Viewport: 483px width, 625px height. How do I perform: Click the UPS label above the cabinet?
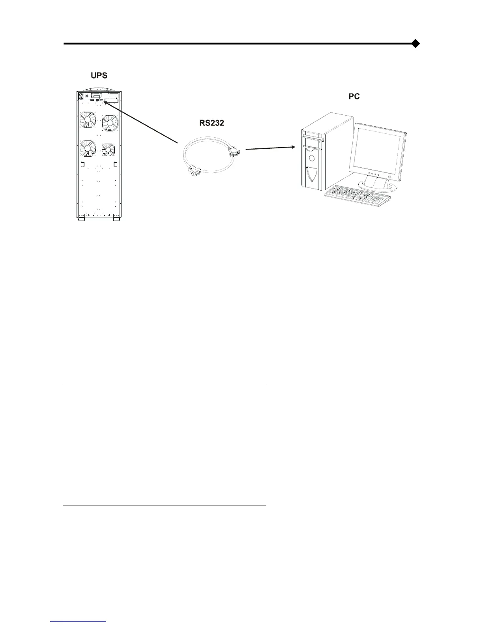(99, 75)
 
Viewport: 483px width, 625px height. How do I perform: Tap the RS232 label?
(212, 123)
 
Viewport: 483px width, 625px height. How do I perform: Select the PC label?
(354, 96)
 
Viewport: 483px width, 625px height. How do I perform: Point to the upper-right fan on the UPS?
(109, 122)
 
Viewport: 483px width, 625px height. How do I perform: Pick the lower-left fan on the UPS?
(88, 149)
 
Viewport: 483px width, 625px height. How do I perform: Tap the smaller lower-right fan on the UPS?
(108, 150)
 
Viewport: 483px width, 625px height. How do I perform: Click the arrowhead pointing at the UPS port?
(104, 101)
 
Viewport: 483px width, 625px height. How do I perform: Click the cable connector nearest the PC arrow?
(234, 152)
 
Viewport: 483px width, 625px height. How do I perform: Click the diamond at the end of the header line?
(415, 43)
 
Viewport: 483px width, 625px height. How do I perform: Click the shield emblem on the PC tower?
(312, 175)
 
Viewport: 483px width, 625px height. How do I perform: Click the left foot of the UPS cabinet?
(81, 219)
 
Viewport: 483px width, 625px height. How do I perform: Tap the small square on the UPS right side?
(116, 165)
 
